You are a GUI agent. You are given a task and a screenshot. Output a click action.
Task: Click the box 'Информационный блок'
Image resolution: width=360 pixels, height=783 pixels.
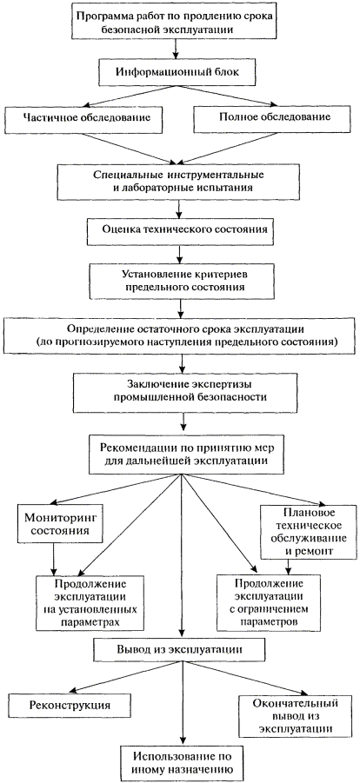178,71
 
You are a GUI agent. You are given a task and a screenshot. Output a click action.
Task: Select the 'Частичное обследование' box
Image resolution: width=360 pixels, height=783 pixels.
84,118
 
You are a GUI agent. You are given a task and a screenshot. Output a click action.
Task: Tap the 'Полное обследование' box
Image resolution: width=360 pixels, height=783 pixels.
274,118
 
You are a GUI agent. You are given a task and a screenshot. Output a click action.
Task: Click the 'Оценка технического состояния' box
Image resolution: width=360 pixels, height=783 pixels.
181,229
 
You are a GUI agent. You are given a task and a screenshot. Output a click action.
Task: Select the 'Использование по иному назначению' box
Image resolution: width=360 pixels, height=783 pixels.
183,761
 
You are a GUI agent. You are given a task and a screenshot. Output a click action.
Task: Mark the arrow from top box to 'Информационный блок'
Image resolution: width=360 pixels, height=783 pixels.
176,49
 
